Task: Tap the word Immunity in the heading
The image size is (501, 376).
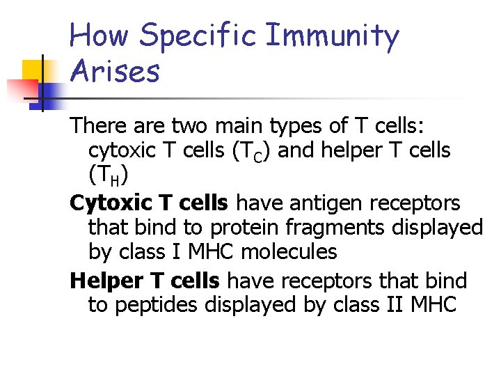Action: coord(333,36)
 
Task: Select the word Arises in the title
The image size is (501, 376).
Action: coord(115,71)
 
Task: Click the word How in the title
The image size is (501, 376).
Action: coord(98,36)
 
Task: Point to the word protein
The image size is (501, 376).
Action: coord(243,228)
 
